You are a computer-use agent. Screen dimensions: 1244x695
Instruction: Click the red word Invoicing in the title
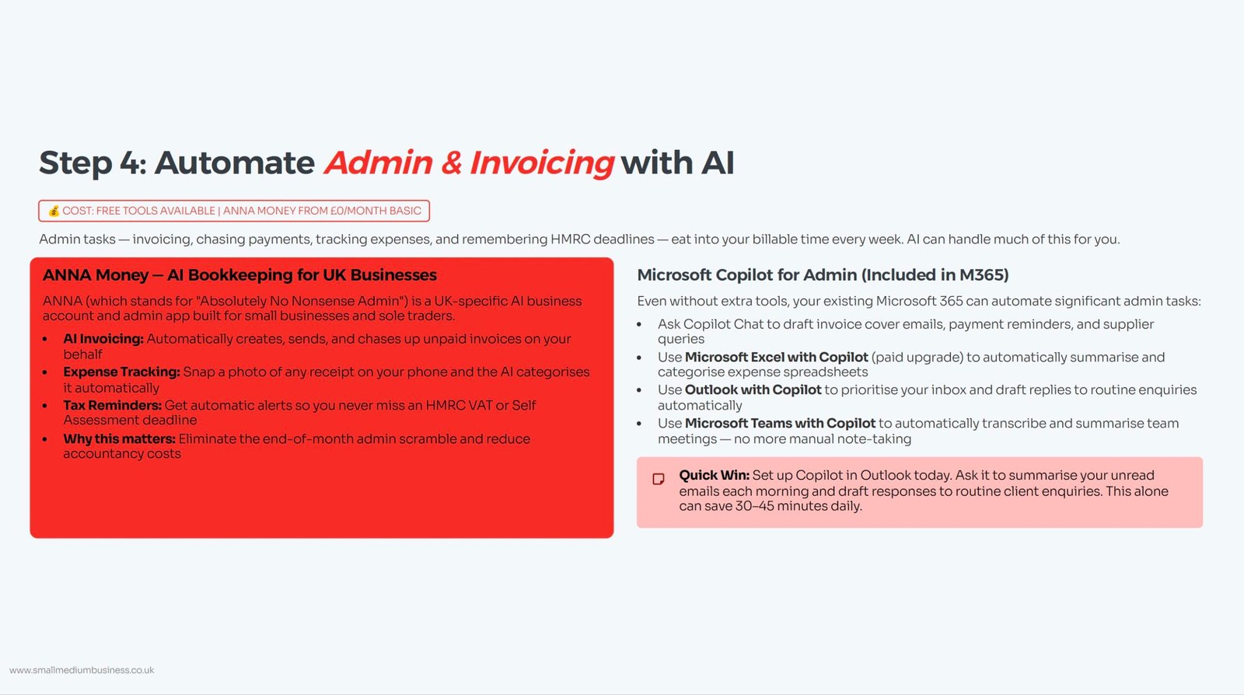[541, 163]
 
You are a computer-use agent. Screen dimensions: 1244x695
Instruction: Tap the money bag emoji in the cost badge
[54, 211]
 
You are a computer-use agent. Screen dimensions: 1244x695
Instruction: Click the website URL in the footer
[82, 670]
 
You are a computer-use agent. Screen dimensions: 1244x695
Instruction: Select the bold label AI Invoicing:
[103, 339]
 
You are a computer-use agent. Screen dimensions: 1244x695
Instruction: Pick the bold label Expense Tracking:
[121, 372]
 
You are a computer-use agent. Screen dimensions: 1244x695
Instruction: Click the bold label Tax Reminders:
[112, 405]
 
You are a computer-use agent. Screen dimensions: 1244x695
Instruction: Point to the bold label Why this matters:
[120, 438]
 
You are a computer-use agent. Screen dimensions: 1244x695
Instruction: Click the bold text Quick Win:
[715, 475]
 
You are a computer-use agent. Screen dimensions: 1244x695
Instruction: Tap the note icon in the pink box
[659, 479]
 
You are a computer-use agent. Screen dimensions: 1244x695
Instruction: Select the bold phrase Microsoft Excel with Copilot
[777, 357]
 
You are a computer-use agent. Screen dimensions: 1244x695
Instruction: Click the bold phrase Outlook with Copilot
[753, 389]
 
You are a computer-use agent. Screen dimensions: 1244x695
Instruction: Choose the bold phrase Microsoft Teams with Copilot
[781, 423]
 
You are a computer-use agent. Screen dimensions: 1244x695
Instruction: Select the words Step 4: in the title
[93, 163]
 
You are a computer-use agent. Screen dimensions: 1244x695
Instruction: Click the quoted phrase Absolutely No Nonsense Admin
[304, 301]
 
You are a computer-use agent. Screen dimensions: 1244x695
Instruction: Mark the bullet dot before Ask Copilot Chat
[639, 324]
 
